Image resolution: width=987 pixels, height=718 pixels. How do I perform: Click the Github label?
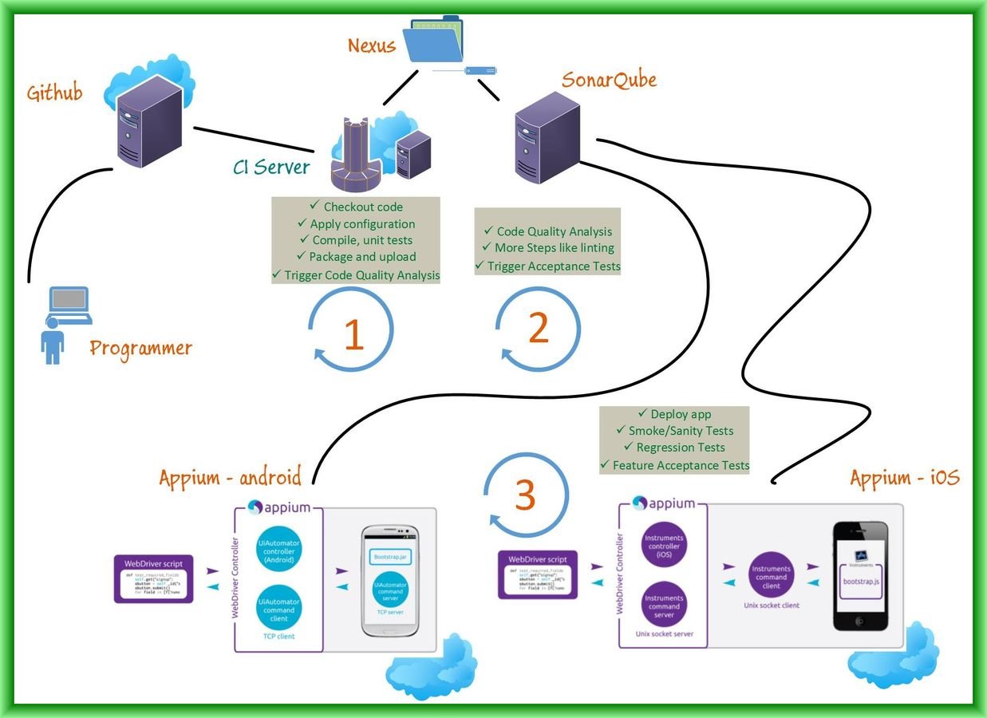click(x=54, y=93)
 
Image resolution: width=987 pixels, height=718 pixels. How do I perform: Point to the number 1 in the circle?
click(x=353, y=335)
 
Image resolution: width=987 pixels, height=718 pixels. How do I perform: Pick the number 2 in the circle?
click(x=539, y=328)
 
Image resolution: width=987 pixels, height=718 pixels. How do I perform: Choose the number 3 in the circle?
click(x=525, y=495)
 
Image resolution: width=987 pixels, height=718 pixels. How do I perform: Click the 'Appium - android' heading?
click(x=230, y=478)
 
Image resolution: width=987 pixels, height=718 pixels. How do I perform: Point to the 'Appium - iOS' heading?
click(x=904, y=478)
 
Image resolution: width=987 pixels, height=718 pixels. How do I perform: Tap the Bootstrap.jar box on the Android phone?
click(x=390, y=556)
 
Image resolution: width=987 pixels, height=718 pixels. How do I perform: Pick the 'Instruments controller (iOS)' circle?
click(x=664, y=546)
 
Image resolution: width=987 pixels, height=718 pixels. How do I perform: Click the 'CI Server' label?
click(x=270, y=167)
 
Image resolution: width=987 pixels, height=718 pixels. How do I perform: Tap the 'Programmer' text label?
click(x=140, y=349)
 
